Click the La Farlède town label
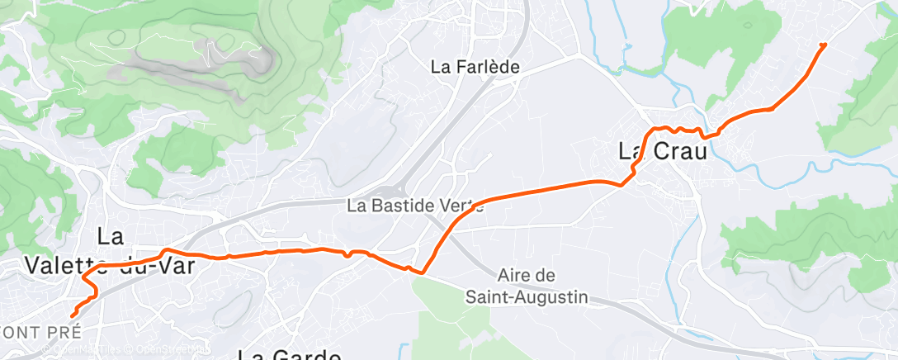475,68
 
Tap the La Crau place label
658,152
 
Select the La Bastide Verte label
415,204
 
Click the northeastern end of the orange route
823,44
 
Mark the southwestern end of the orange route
73,315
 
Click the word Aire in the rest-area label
517,275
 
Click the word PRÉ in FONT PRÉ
65,333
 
